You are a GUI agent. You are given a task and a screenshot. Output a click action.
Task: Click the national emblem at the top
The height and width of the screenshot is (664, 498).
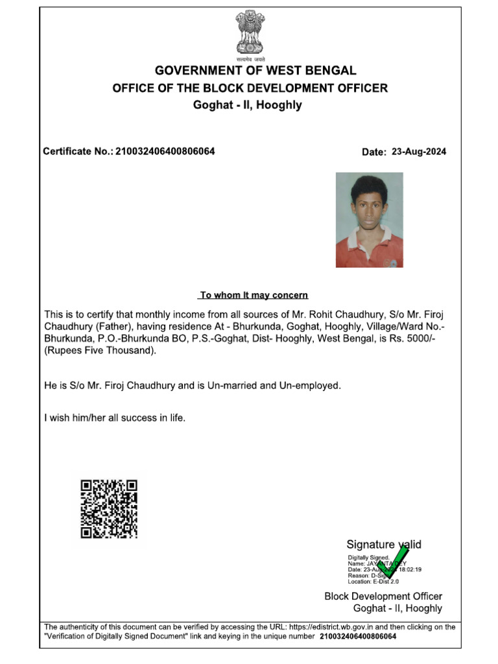250,32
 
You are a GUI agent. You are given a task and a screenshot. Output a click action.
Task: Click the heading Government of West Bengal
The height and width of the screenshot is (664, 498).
255,71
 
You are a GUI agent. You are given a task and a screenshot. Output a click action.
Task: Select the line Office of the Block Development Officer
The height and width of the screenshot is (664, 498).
250,88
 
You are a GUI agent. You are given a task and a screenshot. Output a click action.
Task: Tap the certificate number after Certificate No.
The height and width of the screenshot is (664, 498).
165,152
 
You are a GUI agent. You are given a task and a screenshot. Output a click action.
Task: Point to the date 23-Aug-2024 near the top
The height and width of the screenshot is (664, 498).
419,152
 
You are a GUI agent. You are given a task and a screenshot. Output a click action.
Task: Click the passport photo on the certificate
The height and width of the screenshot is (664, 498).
369,220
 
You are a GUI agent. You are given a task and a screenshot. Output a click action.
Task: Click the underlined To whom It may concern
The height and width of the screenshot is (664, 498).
254,295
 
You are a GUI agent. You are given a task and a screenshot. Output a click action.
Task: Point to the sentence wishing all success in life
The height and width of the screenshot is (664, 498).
115,418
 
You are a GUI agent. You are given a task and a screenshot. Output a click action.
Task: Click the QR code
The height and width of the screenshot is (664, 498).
109,509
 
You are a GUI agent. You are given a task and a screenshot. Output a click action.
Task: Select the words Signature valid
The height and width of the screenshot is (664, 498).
384,545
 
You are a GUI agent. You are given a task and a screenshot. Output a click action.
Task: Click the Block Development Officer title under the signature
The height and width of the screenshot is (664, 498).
383,596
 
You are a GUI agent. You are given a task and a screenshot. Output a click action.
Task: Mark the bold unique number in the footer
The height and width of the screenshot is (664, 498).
358,636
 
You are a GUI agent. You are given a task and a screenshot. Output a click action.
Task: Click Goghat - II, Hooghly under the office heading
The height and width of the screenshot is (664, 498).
248,105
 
